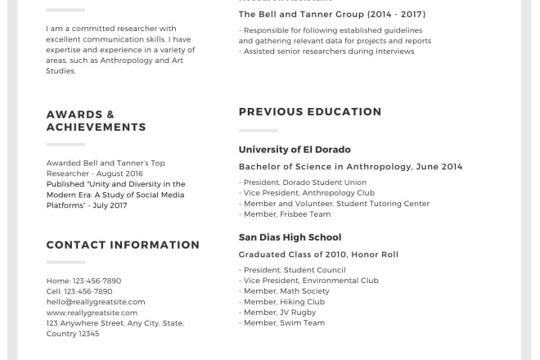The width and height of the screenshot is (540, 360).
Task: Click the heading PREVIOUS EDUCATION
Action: point(310,112)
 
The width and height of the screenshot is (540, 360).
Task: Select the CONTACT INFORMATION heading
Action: point(123,245)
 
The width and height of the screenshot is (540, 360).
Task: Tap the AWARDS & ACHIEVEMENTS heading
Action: point(96,121)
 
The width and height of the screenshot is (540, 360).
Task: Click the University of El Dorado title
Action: point(295,150)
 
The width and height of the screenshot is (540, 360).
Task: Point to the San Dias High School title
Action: point(290,237)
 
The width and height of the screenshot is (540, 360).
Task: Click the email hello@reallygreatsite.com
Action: point(96,302)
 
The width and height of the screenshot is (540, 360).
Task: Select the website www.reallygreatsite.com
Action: point(92,313)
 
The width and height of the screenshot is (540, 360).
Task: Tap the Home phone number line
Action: point(83,281)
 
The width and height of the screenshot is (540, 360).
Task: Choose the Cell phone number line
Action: point(79,291)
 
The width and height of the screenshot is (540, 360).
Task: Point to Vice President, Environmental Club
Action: point(308,281)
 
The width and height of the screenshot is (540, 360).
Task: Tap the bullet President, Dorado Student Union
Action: point(303,182)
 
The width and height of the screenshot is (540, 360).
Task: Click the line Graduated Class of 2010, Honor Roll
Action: point(318,254)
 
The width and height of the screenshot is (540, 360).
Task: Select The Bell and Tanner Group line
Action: point(332,15)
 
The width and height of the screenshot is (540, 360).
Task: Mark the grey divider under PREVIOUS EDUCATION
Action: point(258,130)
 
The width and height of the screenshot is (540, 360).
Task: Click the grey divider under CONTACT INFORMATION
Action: point(65,263)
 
